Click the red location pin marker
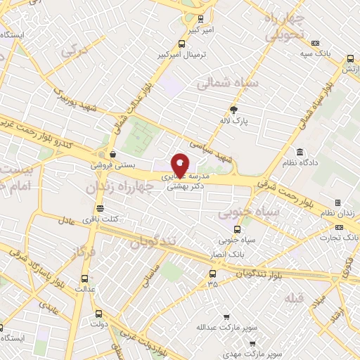pyautogui.click(x=180, y=165)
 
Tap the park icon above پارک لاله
pyautogui.click(x=234, y=109)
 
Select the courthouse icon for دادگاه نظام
pyautogui.click(x=300, y=153)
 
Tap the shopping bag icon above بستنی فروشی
pyautogui.click(x=112, y=154)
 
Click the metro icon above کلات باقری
pyautogui.click(x=99, y=208)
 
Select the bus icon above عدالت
pyautogui.click(x=88, y=277)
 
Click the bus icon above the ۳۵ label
pyautogui.click(x=213, y=274)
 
